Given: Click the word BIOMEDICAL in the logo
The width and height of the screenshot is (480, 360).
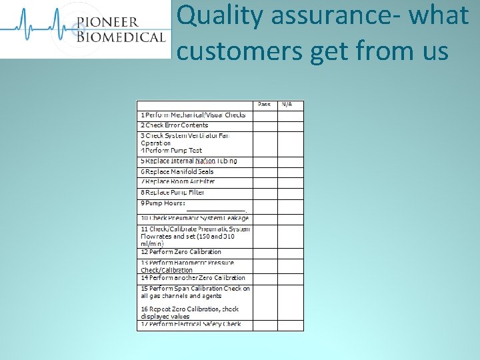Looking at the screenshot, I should [120, 37].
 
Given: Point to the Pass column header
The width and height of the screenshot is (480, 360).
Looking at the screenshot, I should [265, 105].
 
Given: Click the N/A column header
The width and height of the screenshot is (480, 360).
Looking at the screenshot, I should [287, 105].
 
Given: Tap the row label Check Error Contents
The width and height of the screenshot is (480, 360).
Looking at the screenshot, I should [175, 125].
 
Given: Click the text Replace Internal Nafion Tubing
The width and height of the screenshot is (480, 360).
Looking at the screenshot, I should [189, 161].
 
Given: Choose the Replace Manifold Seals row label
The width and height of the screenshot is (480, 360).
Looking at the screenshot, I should [177, 172].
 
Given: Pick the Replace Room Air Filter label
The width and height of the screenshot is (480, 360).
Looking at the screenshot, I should [178, 181].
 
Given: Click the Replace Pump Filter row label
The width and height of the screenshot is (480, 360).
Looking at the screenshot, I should [173, 192].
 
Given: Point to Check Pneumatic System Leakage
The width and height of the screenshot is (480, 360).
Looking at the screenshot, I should [195, 218].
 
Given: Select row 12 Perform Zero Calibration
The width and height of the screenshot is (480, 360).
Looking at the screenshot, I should [181, 252].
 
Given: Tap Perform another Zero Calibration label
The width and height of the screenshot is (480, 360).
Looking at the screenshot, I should [193, 278].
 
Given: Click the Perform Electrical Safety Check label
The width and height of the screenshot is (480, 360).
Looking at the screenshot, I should [191, 325].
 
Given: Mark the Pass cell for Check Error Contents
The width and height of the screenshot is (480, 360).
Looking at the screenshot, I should [265, 125].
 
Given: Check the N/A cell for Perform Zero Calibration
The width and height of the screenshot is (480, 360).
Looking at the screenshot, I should [290, 252].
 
